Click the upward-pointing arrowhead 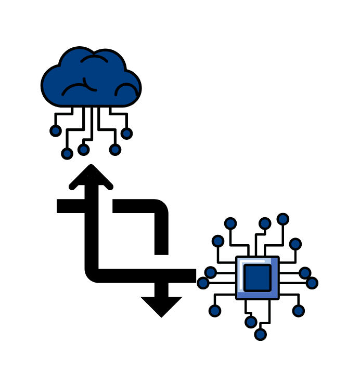(91, 177)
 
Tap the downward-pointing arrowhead (161, 306)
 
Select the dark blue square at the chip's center (258, 277)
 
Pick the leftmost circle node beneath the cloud (56, 131)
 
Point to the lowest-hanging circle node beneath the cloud (67, 153)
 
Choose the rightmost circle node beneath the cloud (126, 134)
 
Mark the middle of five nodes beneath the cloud (83, 150)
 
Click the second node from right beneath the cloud (115, 150)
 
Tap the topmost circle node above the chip (283, 219)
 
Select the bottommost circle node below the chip (261, 334)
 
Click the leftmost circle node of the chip (203, 283)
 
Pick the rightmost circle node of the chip (312, 283)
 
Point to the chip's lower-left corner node (215, 311)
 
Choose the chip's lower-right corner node (298, 311)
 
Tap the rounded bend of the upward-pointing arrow (94, 273)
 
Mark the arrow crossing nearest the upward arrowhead (92, 206)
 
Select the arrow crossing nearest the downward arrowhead (161, 276)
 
